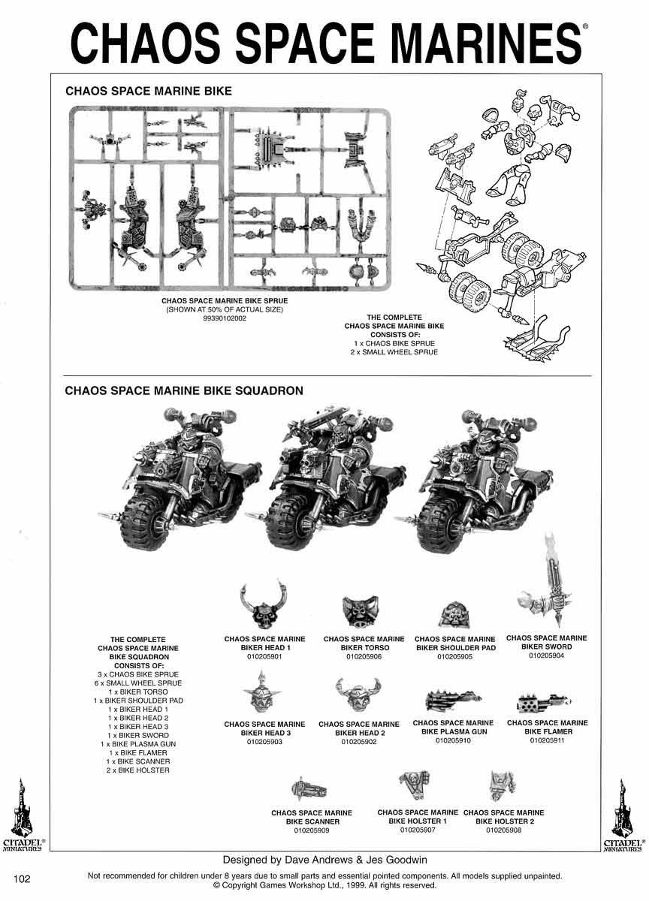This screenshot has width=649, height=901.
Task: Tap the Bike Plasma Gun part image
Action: tap(452, 701)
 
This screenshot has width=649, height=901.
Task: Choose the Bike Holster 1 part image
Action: tap(414, 785)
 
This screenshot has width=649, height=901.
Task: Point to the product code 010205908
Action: tap(503, 830)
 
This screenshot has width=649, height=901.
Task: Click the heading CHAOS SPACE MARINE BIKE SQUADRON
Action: tap(184, 391)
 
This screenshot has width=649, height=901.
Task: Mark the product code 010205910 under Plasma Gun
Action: tap(453, 740)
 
